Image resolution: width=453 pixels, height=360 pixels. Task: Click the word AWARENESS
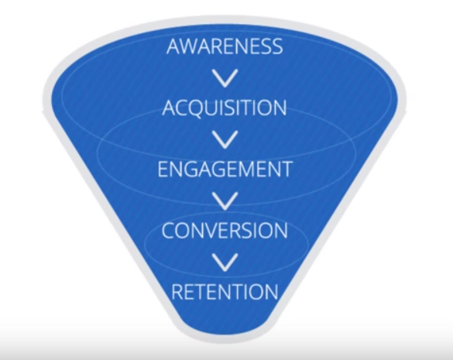(225, 46)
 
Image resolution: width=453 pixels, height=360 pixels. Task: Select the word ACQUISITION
(225, 108)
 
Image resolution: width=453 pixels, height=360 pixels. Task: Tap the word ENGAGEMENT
(225, 169)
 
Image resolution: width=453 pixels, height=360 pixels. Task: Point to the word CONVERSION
(225, 231)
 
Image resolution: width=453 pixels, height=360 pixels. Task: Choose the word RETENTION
(225, 292)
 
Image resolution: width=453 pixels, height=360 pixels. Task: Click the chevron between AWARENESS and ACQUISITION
(225, 78)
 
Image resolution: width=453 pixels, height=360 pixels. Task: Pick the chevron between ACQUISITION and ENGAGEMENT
(225, 139)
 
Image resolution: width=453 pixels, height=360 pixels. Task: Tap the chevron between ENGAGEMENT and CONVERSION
(225, 201)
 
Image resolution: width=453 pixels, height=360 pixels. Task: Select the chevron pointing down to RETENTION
(225, 262)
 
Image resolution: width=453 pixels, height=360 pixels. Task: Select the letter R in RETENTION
(177, 292)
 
